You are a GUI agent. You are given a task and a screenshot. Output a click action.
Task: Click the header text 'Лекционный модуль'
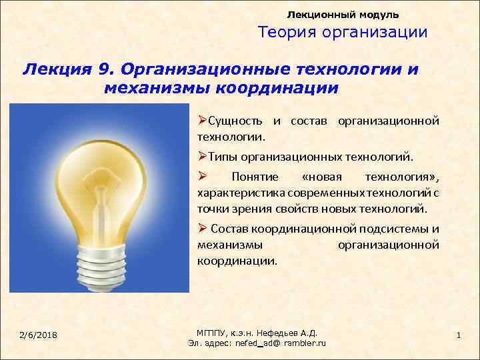pos(343,14)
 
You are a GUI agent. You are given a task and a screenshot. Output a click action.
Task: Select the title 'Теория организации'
pos(343,33)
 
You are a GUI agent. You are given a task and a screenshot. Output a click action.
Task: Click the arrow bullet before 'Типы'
pos(202,157)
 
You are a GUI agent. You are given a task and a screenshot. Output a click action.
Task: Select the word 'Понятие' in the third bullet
pos(251,177)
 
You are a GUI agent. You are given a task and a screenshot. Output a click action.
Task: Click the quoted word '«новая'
pos(321,177)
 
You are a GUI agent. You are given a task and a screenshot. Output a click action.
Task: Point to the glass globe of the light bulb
pos(100,173)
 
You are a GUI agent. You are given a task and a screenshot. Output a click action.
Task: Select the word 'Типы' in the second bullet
pos(223,157)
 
